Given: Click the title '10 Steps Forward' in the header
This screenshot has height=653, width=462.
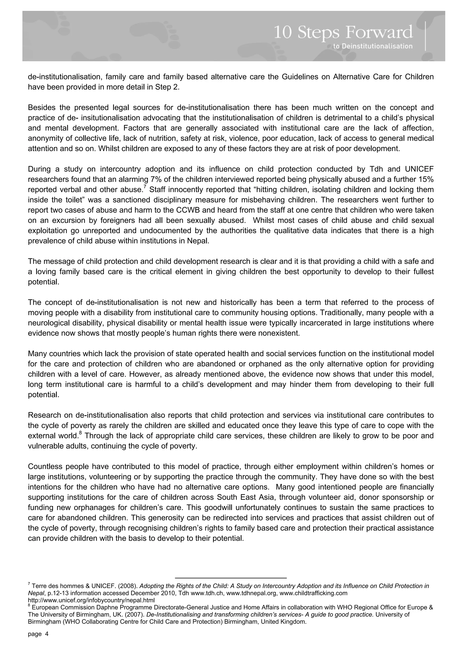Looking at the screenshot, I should pos(343,32).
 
